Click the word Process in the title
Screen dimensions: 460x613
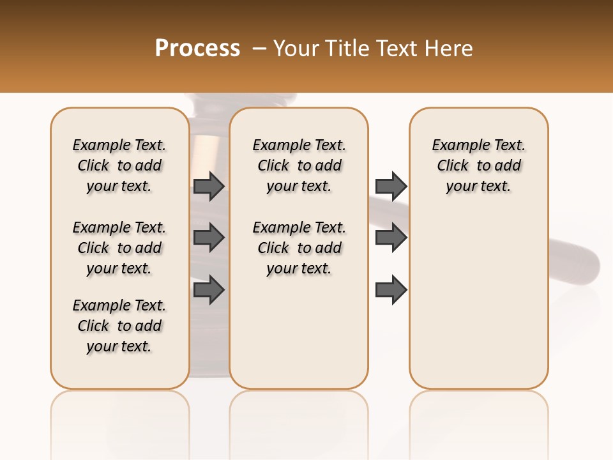(x=197, y=49)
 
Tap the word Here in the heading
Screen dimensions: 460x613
(x=447, y=49)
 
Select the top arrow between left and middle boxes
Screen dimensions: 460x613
(x=208, y=186)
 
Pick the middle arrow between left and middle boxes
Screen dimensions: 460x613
(x=208, y=238)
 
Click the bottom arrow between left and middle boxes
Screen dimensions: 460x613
(x=208, y=290)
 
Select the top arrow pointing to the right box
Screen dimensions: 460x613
(x=391, y=186)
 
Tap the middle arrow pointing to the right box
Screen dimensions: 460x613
(x=391, y=238)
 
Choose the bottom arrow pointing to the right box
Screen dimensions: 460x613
(x=391, y=290)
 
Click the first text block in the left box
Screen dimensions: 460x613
(x=119, y=165)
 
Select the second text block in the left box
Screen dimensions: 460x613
(x=119, y=248)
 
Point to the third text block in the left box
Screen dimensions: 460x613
(x=119, y=326)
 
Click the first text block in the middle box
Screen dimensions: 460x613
(x=299, y=165)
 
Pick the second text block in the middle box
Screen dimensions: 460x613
(x=299, y=248)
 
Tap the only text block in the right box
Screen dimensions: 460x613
(x=479, y=165)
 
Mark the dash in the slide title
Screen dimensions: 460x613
(x=259, y=49)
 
